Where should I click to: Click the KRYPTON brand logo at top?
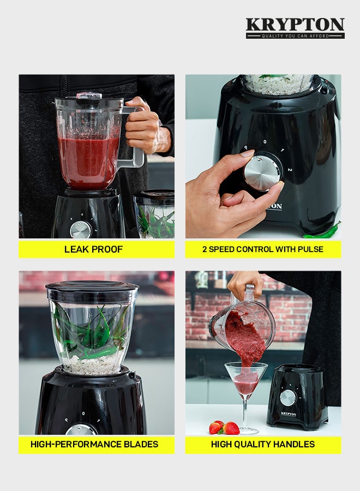pos(295,25)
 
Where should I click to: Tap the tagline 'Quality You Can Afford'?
pos(295,36)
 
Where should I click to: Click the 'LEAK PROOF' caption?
pos(94,249)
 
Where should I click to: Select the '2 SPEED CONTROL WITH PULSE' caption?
pos(263,249)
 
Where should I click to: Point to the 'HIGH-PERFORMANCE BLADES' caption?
pos(94,444)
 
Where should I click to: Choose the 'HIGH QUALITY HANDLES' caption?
pos(263,444)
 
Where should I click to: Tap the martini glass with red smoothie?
pos(247,382)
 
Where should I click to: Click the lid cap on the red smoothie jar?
pos(88,95)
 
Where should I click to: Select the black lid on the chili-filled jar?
pos(92,290)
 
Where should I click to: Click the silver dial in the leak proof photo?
pos(80,230)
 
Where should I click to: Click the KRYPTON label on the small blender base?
pos(289,414)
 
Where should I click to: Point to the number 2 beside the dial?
pos(290,170)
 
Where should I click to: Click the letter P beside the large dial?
pos(245,148)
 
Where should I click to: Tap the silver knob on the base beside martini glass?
pos(288,398)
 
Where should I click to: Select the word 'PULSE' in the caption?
pos(310,249)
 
